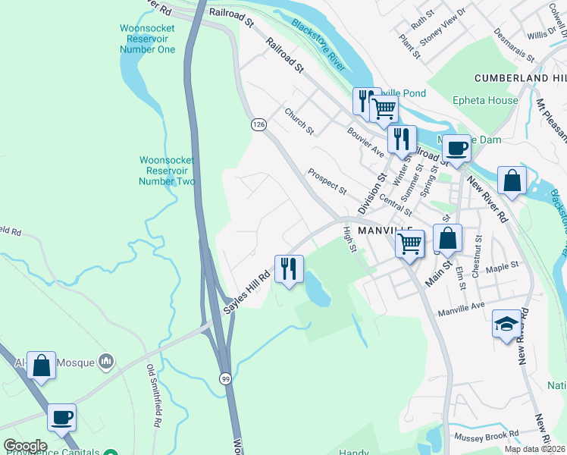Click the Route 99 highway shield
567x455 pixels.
pos(226,378)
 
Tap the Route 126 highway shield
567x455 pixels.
pos(259,124)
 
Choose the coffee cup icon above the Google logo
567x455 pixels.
pos(61,416)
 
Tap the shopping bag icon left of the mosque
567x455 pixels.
pos(41,365)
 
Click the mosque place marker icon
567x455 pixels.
pos(107,361)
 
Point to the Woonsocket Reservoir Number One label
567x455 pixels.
pos(147,39)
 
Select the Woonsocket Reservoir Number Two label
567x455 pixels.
pos(168,171)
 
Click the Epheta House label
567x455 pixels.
pos(485,100)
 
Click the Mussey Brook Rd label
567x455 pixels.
pos(486,436)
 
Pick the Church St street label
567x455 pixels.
pos(299,121)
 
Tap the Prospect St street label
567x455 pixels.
pos(327,180)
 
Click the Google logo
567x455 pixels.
pos(25,446)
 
